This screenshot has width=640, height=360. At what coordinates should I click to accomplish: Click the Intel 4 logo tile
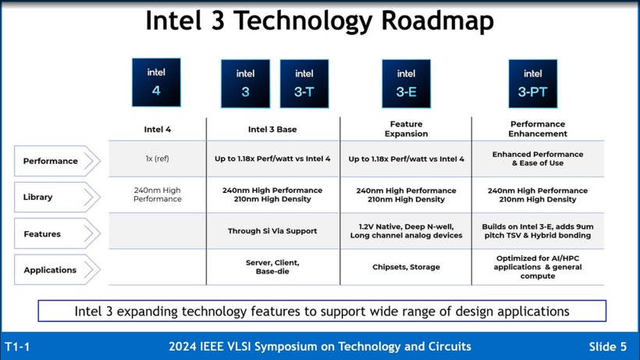156,82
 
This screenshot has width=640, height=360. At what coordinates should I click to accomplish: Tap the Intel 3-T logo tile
304,84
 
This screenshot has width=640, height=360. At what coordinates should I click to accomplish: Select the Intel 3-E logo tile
406,84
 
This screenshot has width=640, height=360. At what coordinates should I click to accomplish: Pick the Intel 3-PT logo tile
532,84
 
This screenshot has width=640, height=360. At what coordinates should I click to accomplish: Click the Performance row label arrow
57,162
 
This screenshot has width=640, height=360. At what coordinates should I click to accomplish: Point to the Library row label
57,198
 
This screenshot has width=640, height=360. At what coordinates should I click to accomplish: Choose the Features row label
57,234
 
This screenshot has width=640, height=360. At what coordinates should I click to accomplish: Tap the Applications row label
57,270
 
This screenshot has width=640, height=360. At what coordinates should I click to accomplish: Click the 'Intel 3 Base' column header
272,130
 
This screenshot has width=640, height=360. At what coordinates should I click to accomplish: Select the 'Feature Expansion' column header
406,129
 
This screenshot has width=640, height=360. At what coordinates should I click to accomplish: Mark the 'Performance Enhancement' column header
538,129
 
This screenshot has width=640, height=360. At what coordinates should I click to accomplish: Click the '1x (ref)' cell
157,159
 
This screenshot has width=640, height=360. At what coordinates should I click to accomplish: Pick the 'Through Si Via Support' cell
272,231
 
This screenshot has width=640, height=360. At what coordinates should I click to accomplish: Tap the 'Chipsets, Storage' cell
406,267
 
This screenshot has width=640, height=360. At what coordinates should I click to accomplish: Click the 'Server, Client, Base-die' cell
272,267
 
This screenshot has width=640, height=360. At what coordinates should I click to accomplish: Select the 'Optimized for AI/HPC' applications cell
538,267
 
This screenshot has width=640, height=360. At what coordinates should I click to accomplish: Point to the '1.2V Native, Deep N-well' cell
406,231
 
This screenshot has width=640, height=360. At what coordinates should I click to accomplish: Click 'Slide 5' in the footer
607,347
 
